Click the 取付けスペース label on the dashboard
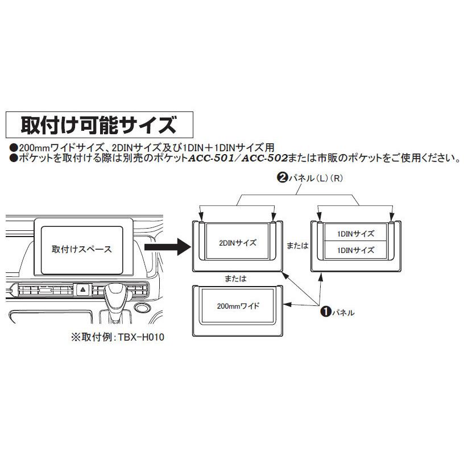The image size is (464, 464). (82, 249)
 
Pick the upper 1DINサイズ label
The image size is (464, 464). (355, 233)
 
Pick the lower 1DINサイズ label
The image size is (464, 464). (355, 250)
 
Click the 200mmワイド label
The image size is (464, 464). (238, 306)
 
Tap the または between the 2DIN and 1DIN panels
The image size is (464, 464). (297, 246)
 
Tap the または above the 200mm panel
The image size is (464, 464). (235, 279)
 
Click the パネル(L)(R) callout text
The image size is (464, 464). (309, 177)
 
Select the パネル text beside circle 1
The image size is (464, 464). (344, 312)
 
